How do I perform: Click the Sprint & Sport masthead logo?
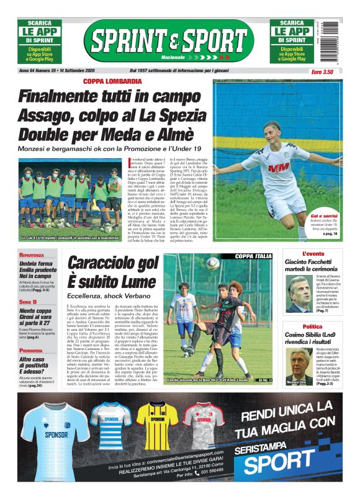[169, 41]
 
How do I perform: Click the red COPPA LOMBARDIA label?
[113, 81]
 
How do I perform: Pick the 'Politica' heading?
[312, 326]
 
